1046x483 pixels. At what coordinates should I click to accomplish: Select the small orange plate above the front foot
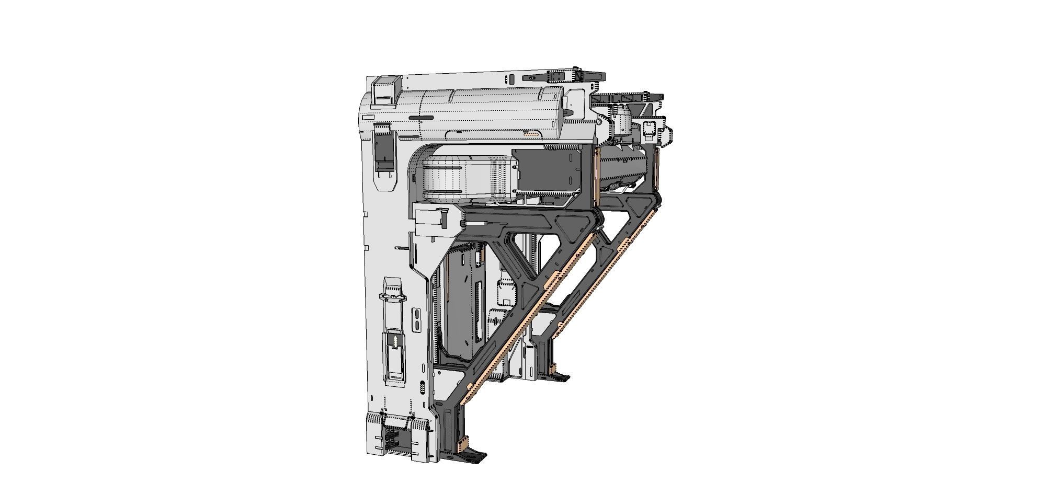click(x=460, y=445)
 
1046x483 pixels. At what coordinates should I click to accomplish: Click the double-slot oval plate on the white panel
click(x=416, y=320)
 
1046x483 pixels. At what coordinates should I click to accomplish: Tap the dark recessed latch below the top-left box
click(x=384, y=149)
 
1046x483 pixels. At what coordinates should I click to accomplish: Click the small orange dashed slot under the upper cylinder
click(x=531, y=134)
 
